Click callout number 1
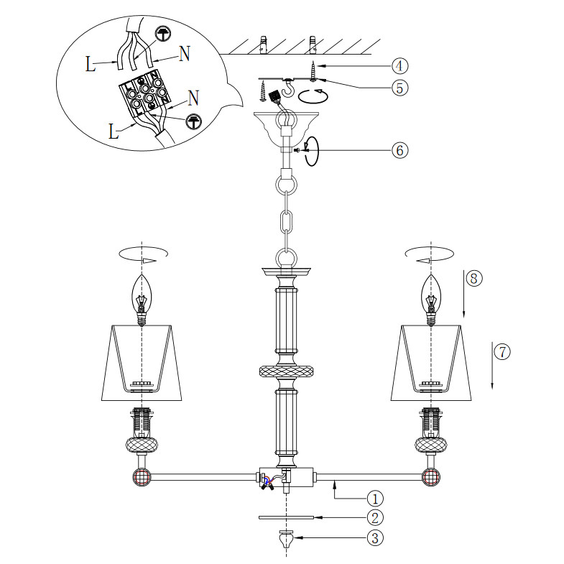coord(375,499)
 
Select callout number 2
coord(375,518)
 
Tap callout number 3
coord(375,538)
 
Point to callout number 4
coord(399,66)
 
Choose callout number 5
coord(399,88)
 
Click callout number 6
coord(399,150)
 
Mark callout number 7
coord(502,351)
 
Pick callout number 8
coord(473,278)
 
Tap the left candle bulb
coord(142,300)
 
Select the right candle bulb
coord(431,300)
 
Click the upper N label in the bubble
coord(185,54)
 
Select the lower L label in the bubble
coord(114,131)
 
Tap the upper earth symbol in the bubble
coord(163,34)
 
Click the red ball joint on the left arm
coord(142,477)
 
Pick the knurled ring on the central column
coord(287,371)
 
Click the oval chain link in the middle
coord(287,223)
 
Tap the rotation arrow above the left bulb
coord(144,254)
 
